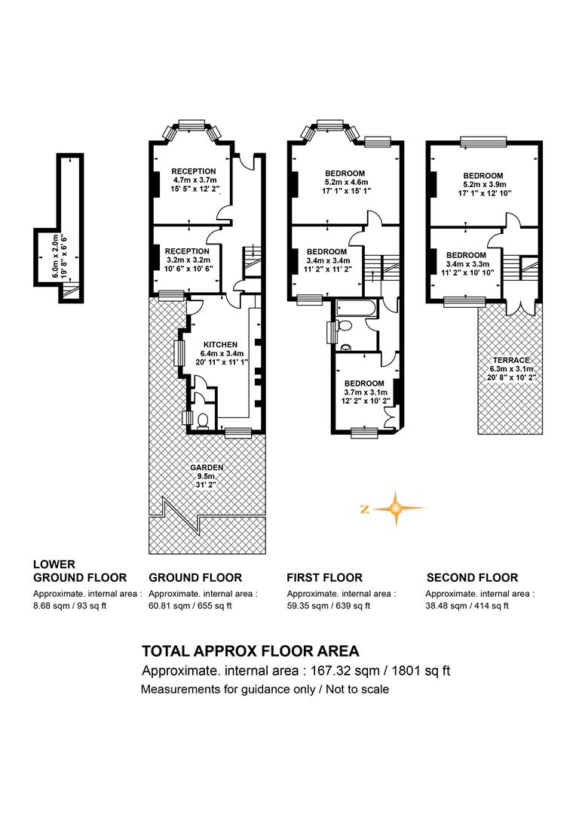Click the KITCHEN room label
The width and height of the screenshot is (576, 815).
click(x=220, y=345)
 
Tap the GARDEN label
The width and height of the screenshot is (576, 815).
click(x=206, y=467)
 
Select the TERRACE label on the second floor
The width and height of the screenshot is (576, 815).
click(x=511, y=360)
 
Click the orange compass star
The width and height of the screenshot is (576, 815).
click(x=397, y=509)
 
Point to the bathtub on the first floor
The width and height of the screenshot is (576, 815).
click(x=357, y=309)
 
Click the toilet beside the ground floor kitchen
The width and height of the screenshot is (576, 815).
click(x=202, y=420)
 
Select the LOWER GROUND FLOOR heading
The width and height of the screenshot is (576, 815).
click(x=80, y=570)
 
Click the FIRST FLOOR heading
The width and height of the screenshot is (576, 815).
click(x=325, y=577)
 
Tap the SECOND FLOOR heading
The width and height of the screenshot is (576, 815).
click(x=472, y=577)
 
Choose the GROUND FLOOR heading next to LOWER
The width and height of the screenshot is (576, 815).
click(x=195, y=577)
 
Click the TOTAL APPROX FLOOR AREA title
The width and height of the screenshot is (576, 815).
click(x=251, y=650)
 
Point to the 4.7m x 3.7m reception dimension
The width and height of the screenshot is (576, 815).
click(x=194, y=180)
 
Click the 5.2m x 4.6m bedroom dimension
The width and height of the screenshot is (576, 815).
click(x=345, y=182)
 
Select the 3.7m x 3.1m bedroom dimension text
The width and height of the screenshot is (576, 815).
click(x=365, y=392)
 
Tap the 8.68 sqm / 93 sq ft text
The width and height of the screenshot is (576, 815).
click(x=69, y=606)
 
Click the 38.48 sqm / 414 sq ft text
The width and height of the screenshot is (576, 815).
click(x=467, y=606)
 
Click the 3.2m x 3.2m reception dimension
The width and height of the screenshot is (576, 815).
click(x=188, y=260)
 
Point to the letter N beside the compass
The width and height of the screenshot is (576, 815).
click(x=365, y=509)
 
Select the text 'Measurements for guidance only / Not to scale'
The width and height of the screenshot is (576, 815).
click(x=265, y=690)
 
